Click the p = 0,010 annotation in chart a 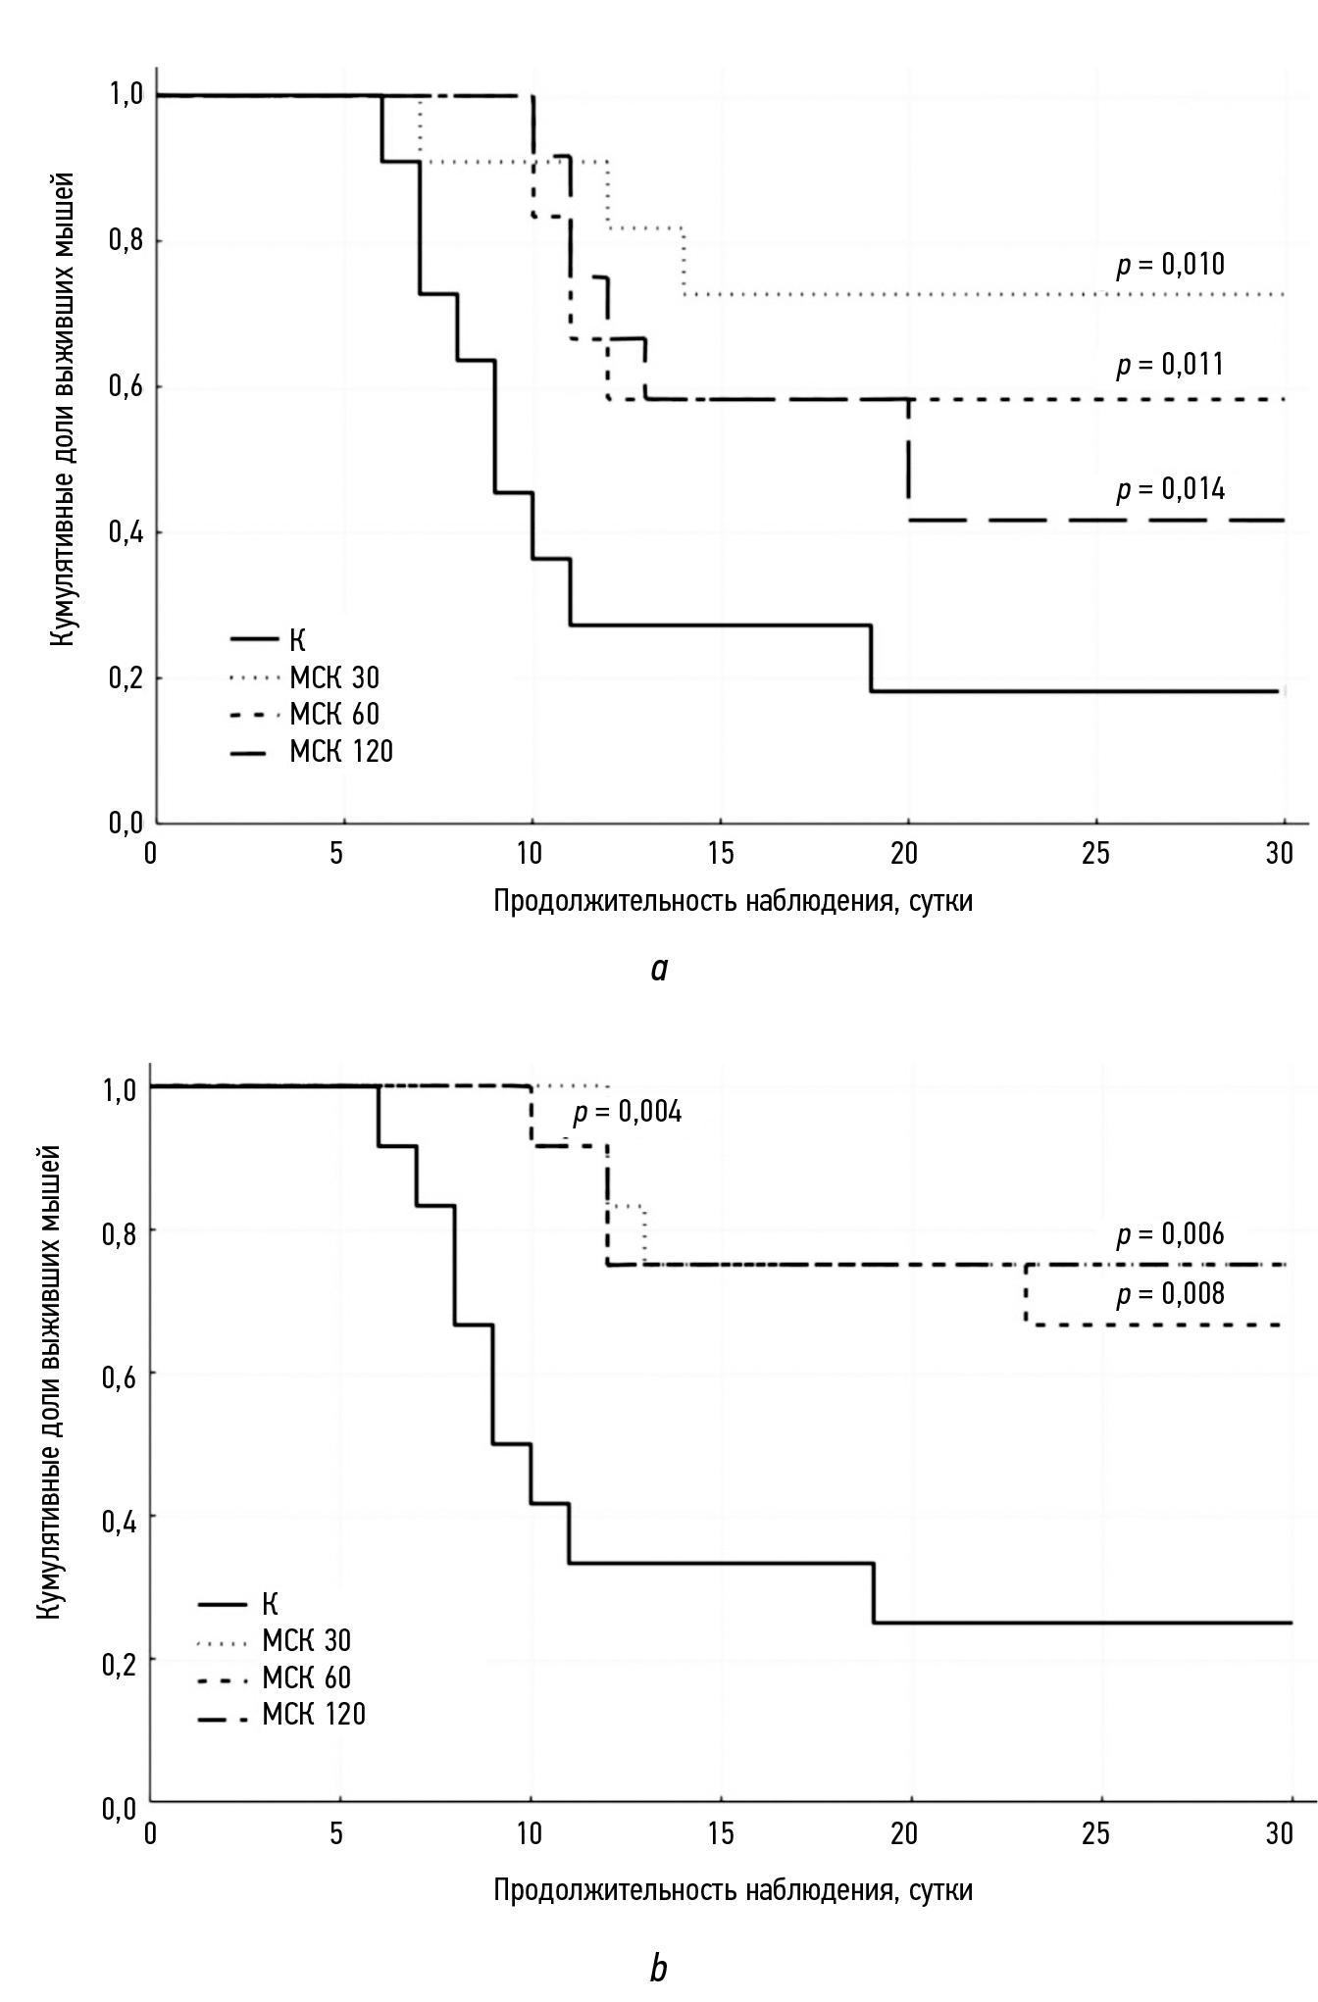tap(1170, 265)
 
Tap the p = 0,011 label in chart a tap(1170, 365)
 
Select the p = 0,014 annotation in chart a tap(1170, 488)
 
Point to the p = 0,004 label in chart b tap(628, 1113)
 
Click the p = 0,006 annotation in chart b tap(1170, 1234)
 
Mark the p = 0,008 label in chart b tap(1170, 1294)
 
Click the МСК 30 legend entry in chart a tap(333, 677)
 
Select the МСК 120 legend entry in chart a tap(340, 752)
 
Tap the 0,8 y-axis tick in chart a tap(125, 241)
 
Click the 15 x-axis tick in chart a tap(721, 853)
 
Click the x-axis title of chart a tap(733, 901)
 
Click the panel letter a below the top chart tap(659, 970)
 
